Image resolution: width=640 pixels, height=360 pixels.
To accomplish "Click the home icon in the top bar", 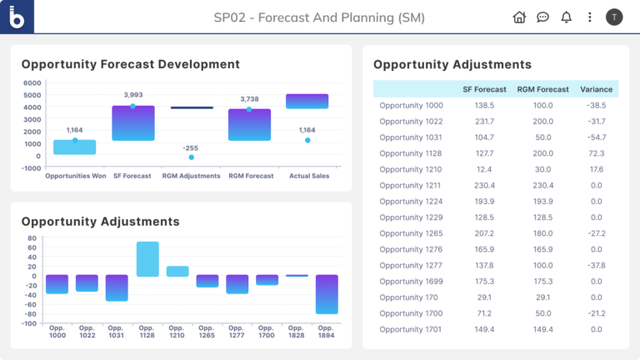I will pos(519,17).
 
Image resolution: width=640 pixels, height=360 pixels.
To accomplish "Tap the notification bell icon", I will pos(567,17).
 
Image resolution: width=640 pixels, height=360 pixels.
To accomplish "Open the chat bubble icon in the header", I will pos(542,17).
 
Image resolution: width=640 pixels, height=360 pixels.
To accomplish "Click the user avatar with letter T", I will pos(614,17).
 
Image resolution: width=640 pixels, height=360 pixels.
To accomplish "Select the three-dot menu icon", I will pos(590,17).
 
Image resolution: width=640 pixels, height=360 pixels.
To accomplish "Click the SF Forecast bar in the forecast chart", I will pos(133,123).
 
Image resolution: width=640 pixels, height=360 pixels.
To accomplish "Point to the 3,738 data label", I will pos(248,99).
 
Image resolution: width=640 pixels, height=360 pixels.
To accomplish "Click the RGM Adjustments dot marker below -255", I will pos(191,157).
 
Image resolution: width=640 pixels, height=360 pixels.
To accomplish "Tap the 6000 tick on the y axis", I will pos(32,83).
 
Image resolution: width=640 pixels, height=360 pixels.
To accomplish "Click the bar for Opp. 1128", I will pos(147,258).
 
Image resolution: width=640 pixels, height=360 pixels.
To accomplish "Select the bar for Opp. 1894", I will pos(327,294).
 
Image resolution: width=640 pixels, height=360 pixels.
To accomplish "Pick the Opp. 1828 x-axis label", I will pos(297,332).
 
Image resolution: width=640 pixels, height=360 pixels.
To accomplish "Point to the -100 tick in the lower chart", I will pos(29,323).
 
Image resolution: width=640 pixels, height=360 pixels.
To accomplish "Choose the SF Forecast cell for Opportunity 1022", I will pos(484,122).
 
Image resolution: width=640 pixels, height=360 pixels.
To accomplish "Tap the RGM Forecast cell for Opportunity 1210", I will pos(542,170).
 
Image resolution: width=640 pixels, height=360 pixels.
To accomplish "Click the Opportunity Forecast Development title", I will pos(130,64).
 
